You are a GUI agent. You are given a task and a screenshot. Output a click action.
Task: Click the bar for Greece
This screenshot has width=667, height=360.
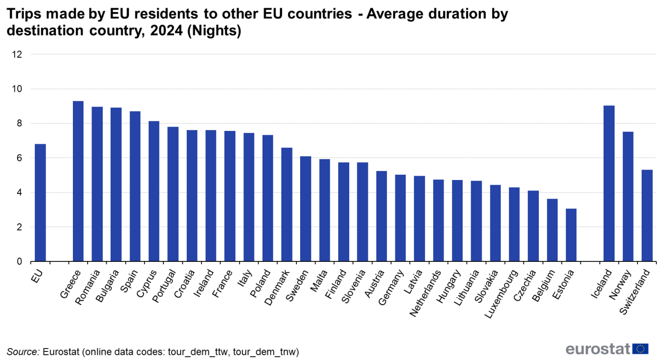[x=78, y=181]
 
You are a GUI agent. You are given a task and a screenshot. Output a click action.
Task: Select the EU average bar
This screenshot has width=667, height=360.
[x=40, y=203]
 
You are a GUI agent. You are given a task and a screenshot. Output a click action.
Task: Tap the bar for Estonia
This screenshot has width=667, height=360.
[x=571, y=235]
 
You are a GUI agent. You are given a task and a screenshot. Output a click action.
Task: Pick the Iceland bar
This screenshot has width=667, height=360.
[x=609, y=184]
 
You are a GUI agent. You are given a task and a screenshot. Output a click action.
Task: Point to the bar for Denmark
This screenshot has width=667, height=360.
[x=286, y=205]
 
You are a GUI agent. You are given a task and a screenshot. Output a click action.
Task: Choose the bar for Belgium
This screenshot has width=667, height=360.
[x=552, y=230]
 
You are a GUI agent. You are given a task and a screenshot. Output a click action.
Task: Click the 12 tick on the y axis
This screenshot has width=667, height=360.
[x=17, y=54]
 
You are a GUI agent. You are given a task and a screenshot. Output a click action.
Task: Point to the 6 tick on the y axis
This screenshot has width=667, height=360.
[x=20, y=158]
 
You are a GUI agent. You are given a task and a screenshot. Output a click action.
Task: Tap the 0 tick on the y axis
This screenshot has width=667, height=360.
[x=20, y=262]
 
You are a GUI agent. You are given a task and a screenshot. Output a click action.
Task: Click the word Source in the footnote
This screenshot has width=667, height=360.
[x=22, y=352]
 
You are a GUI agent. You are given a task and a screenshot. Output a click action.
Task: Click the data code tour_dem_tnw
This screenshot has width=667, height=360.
[x=267, y=352]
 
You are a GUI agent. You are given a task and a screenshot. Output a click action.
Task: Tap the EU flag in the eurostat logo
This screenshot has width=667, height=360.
[x=642, y=349]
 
